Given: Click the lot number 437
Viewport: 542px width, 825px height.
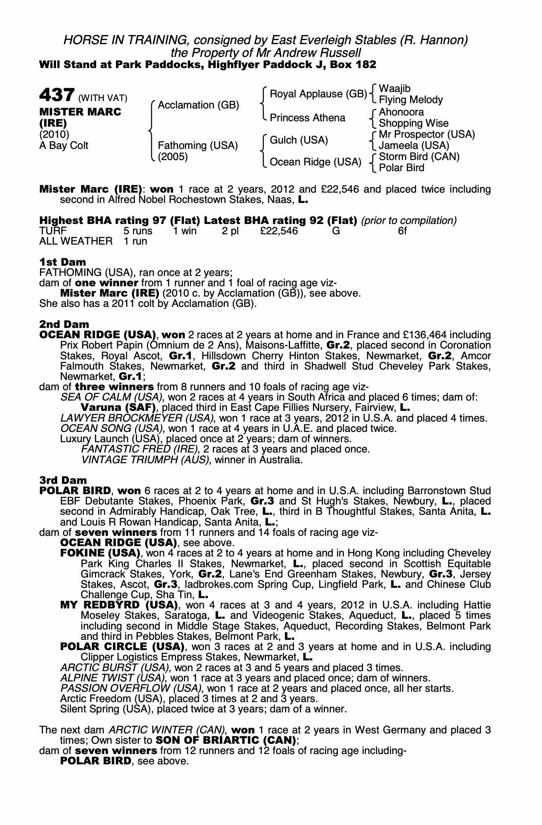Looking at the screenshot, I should point(57,96).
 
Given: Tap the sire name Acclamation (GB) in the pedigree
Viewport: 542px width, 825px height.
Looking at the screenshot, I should point(198,105).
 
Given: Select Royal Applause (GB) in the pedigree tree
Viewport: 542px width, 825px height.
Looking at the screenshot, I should point(318,94).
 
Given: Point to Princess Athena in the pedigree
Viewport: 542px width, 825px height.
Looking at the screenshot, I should point(307,118).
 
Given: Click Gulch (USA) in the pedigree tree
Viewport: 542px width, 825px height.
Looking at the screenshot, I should point(299,140).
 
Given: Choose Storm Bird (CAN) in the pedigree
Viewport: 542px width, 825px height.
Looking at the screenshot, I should point(419,157).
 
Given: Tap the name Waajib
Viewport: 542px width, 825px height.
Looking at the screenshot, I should point(395,89).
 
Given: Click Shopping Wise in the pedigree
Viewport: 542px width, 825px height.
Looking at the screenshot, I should point(413,123).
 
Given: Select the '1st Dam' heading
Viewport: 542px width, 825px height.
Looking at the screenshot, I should point(63,262).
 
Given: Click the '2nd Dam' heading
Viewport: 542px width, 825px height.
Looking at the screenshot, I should point(64,325).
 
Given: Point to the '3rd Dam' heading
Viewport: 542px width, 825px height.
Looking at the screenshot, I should point(63,480).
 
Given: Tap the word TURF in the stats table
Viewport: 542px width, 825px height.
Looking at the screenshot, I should point(53,231).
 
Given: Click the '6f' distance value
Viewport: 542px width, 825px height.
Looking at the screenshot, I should point(402,231).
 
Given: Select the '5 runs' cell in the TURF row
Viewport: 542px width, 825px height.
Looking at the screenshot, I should point(138,231).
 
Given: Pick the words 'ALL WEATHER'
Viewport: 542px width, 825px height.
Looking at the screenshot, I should point(75,241).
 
